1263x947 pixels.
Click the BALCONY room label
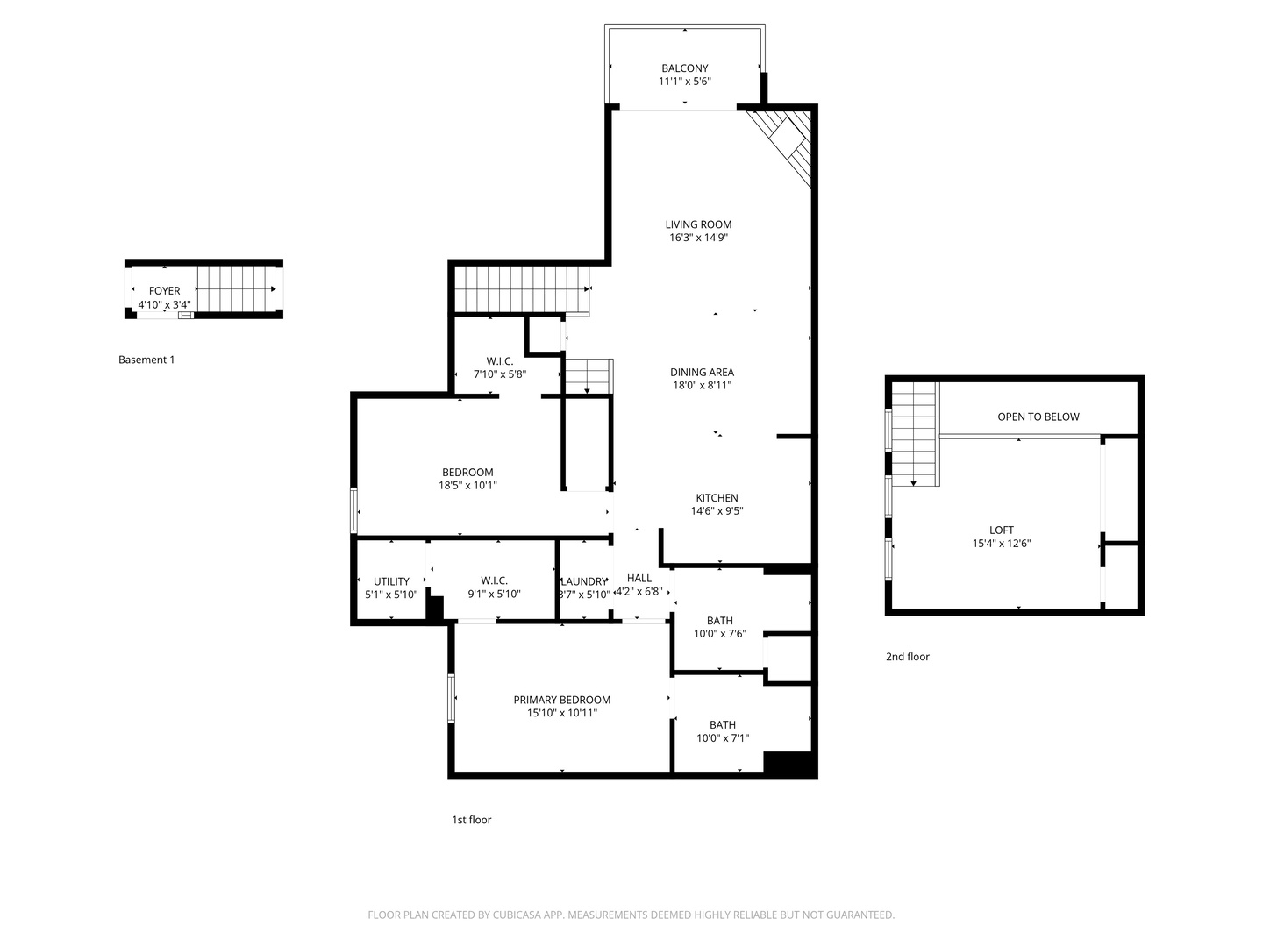pos(684,68)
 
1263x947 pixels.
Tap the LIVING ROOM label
pos(698,224)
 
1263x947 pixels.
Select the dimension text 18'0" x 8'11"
pos(702,385)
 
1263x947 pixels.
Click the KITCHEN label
pos(717,498)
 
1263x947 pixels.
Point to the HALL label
pos(639,578)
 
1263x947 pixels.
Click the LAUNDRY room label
pos(583,581)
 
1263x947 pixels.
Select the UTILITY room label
pos(391,581)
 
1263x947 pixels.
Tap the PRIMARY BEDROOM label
pos(561,700)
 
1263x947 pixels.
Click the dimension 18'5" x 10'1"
pos(467,485)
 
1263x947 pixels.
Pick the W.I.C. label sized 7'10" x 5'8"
pos(500,361)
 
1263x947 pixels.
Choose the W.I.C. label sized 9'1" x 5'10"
pos(494,580)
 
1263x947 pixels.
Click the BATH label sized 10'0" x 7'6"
pos(719,621)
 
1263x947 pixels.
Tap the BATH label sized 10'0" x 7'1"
pos(723,725)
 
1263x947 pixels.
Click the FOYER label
pos(164,291)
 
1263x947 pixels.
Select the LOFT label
pos(1001,530)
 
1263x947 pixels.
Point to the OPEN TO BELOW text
pos(1038,417)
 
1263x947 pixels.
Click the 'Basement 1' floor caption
pos(146,360)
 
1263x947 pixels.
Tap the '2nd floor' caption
pos(907,657)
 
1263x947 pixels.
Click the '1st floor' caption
pos(471,820)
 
